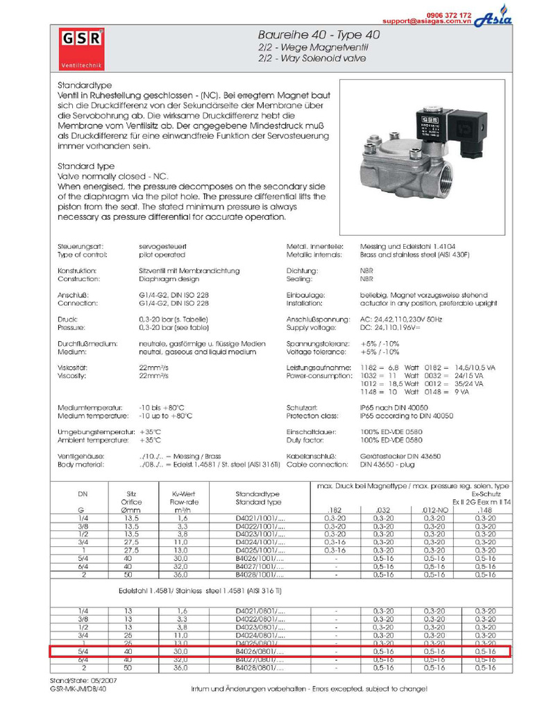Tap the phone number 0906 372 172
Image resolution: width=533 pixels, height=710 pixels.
click(449, 15)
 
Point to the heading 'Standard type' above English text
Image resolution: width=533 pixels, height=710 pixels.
click(85, 166)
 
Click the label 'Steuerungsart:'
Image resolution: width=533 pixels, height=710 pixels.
click(81, 246)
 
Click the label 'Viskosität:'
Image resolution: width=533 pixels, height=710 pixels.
click(73, 367)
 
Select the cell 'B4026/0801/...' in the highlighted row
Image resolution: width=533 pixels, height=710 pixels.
click(260, 652)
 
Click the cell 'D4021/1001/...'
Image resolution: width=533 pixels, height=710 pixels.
click(260, 517)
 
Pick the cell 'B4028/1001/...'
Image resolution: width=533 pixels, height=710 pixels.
click(260, 575)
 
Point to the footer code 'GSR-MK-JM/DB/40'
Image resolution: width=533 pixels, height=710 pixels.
click(78, 689)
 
